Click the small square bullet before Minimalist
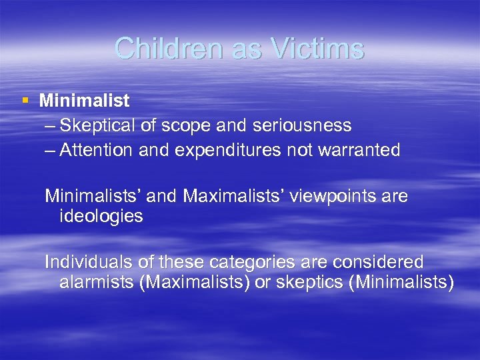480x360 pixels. click(x=25, y=101)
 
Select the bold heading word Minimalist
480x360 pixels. click(x=84, y=101)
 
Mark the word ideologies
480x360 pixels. click(x=101, y=216)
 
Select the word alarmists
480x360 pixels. click(x=97, y=282)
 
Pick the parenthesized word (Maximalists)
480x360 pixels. click(x=195, y=282)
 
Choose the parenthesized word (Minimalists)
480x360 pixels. click(x=401, y=282)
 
